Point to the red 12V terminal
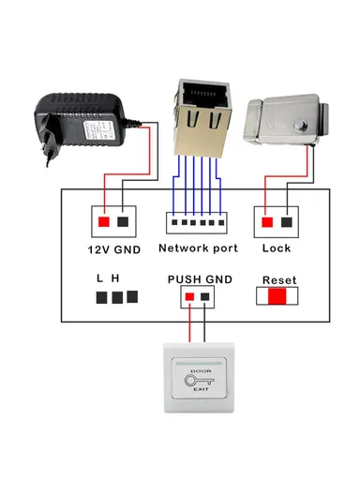click(x=102, y=221)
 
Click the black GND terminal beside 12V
click(x=123, y=221)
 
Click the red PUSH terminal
click(x=189, y=297)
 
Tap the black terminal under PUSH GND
click(x=205, y=297)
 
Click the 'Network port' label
click(x=198, y=248)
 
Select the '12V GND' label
click(x=113, y=249)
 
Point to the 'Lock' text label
click(x=277, y=248)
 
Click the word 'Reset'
click(x=279, y=280)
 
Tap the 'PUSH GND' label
click(x=198, y=280)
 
